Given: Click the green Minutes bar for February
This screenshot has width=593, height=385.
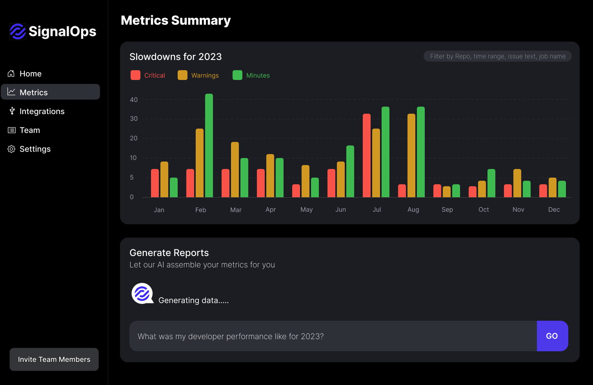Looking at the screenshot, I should click(209, 145).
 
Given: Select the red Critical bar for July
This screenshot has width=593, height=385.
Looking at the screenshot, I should click(367, 156).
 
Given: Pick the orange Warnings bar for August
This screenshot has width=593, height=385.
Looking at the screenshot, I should click(411, 156).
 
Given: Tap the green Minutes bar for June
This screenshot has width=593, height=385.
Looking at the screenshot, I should click(350, 171).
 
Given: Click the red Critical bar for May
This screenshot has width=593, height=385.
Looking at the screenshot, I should click(296, 191).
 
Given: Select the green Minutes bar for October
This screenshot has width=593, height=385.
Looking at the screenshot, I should click(491, 183).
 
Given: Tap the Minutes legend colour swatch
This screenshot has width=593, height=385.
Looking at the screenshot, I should click(237, 75).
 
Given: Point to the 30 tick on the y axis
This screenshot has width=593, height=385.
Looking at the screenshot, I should click(134, 119).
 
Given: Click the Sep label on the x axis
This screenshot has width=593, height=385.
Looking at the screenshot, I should click(447, 210).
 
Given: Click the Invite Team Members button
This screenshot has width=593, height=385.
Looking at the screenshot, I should click(54, 360).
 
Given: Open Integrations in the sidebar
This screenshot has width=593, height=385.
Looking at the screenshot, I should click(42, 111).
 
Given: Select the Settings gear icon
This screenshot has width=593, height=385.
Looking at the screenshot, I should click(11, 149).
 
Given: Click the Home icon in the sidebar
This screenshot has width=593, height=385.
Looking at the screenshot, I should click(11, 74).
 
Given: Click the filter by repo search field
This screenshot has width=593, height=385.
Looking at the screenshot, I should click(497, 56).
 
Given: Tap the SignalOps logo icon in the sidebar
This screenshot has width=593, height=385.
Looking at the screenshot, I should click(18, 31).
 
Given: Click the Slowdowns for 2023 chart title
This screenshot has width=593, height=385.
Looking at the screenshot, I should click(176, 57).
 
